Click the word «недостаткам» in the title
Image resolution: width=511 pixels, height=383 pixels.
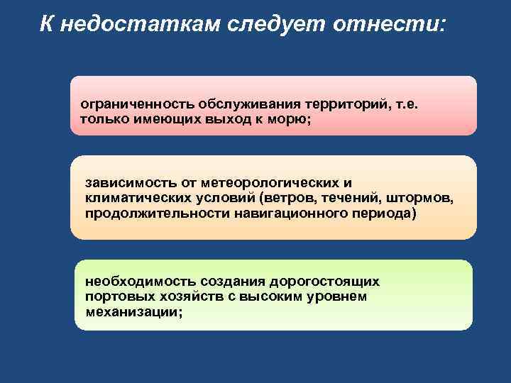click(140, 25)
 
